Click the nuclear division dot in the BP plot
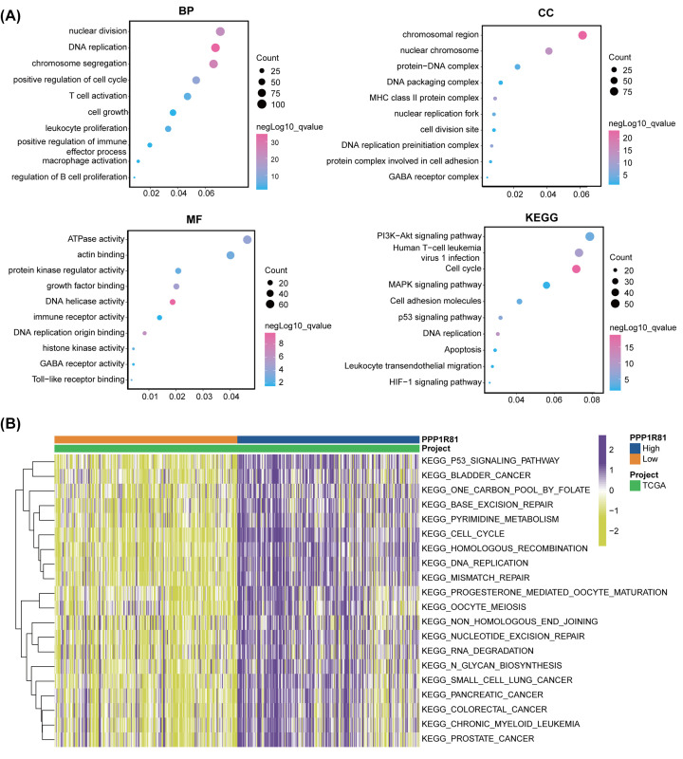click(x=220, y=32)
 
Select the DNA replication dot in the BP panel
click(x=216, y=47)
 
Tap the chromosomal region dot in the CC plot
click(x=582, y=35)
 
